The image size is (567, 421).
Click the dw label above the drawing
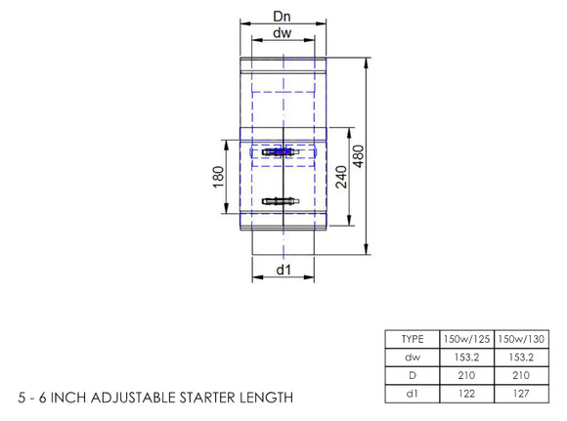(x=283, y=34)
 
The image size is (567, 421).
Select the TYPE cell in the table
(x=413, y=338)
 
